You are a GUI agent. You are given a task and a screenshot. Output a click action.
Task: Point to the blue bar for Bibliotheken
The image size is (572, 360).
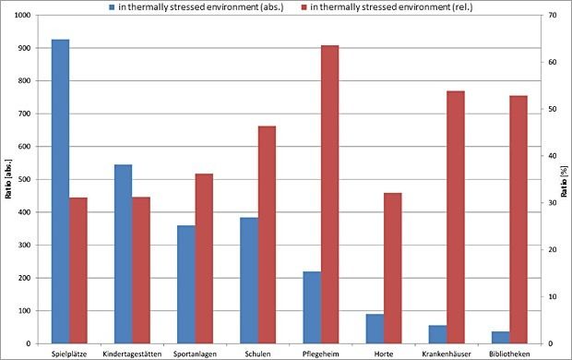pos(500,337)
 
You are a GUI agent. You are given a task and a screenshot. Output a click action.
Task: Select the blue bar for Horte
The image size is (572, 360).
pos(375,329)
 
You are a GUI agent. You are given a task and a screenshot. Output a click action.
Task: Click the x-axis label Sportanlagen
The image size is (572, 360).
pos(195,353)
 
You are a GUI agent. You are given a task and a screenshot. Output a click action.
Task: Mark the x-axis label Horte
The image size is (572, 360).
pos(384,353)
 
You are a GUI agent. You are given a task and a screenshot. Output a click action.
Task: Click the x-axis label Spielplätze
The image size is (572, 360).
pos(69,353)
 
